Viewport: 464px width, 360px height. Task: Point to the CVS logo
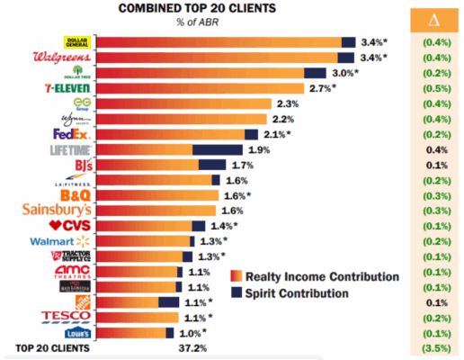pos(70,225)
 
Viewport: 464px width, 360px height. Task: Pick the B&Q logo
pos(72,194)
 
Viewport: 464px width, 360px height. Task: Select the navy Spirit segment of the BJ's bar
pos(212,165)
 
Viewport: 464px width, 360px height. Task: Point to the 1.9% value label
pos(259,149)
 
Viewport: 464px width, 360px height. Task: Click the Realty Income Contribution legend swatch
pos(236,276)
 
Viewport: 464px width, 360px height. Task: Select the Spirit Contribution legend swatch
pos(236,292)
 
